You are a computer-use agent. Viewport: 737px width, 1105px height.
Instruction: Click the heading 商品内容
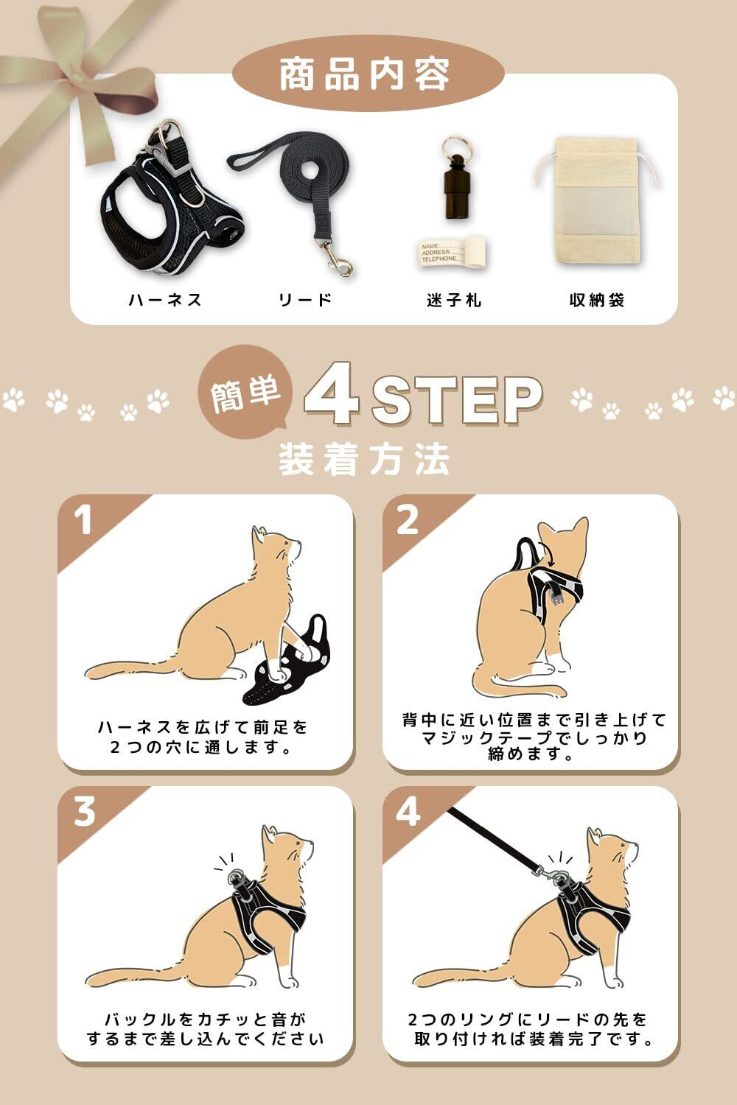pos(364,74)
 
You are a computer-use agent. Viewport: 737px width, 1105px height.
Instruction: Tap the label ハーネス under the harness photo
pos(165,299)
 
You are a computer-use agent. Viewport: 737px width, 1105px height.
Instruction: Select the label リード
pos(305,299)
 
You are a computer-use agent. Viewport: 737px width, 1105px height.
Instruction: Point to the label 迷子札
pos(454,300)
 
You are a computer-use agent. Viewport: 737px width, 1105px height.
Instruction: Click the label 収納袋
pos(597,300)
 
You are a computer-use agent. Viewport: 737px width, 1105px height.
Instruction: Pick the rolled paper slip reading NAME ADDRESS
pos(453,253)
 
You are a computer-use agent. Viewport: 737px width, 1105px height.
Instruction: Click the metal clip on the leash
pos(338,260)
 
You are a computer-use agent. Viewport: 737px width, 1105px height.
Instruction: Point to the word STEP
pos(456,399)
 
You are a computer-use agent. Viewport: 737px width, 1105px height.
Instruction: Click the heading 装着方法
pos(364,459)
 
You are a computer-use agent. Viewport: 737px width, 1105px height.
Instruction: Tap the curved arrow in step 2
pos(548,555)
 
